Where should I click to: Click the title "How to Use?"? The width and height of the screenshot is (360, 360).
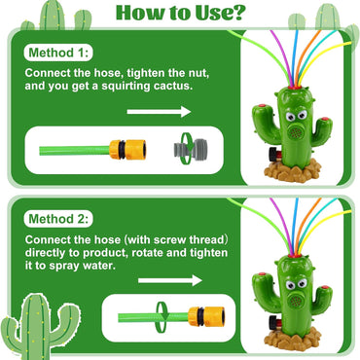[180, 14]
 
